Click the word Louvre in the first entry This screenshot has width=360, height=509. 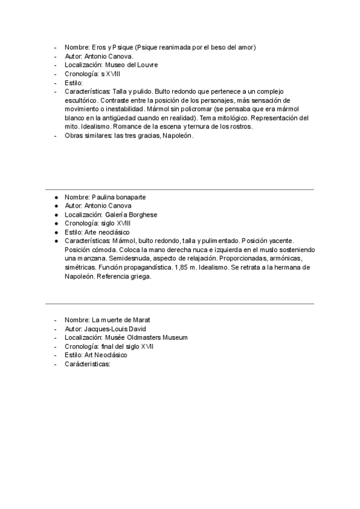tap(148, 65)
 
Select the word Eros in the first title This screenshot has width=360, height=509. tap(100, 47)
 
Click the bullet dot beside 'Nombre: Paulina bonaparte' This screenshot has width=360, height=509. tap(56, 197)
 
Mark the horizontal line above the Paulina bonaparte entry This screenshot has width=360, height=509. tap(179, 190)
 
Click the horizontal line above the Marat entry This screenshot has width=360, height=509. tap(179, 304)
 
